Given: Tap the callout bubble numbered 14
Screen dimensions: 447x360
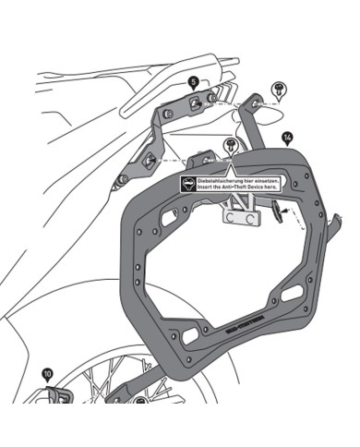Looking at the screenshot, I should tap(289, 138).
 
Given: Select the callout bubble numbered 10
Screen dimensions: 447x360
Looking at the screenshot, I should tap(47, 375).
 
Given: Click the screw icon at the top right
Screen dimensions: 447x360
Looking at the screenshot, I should tap(277, 88).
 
